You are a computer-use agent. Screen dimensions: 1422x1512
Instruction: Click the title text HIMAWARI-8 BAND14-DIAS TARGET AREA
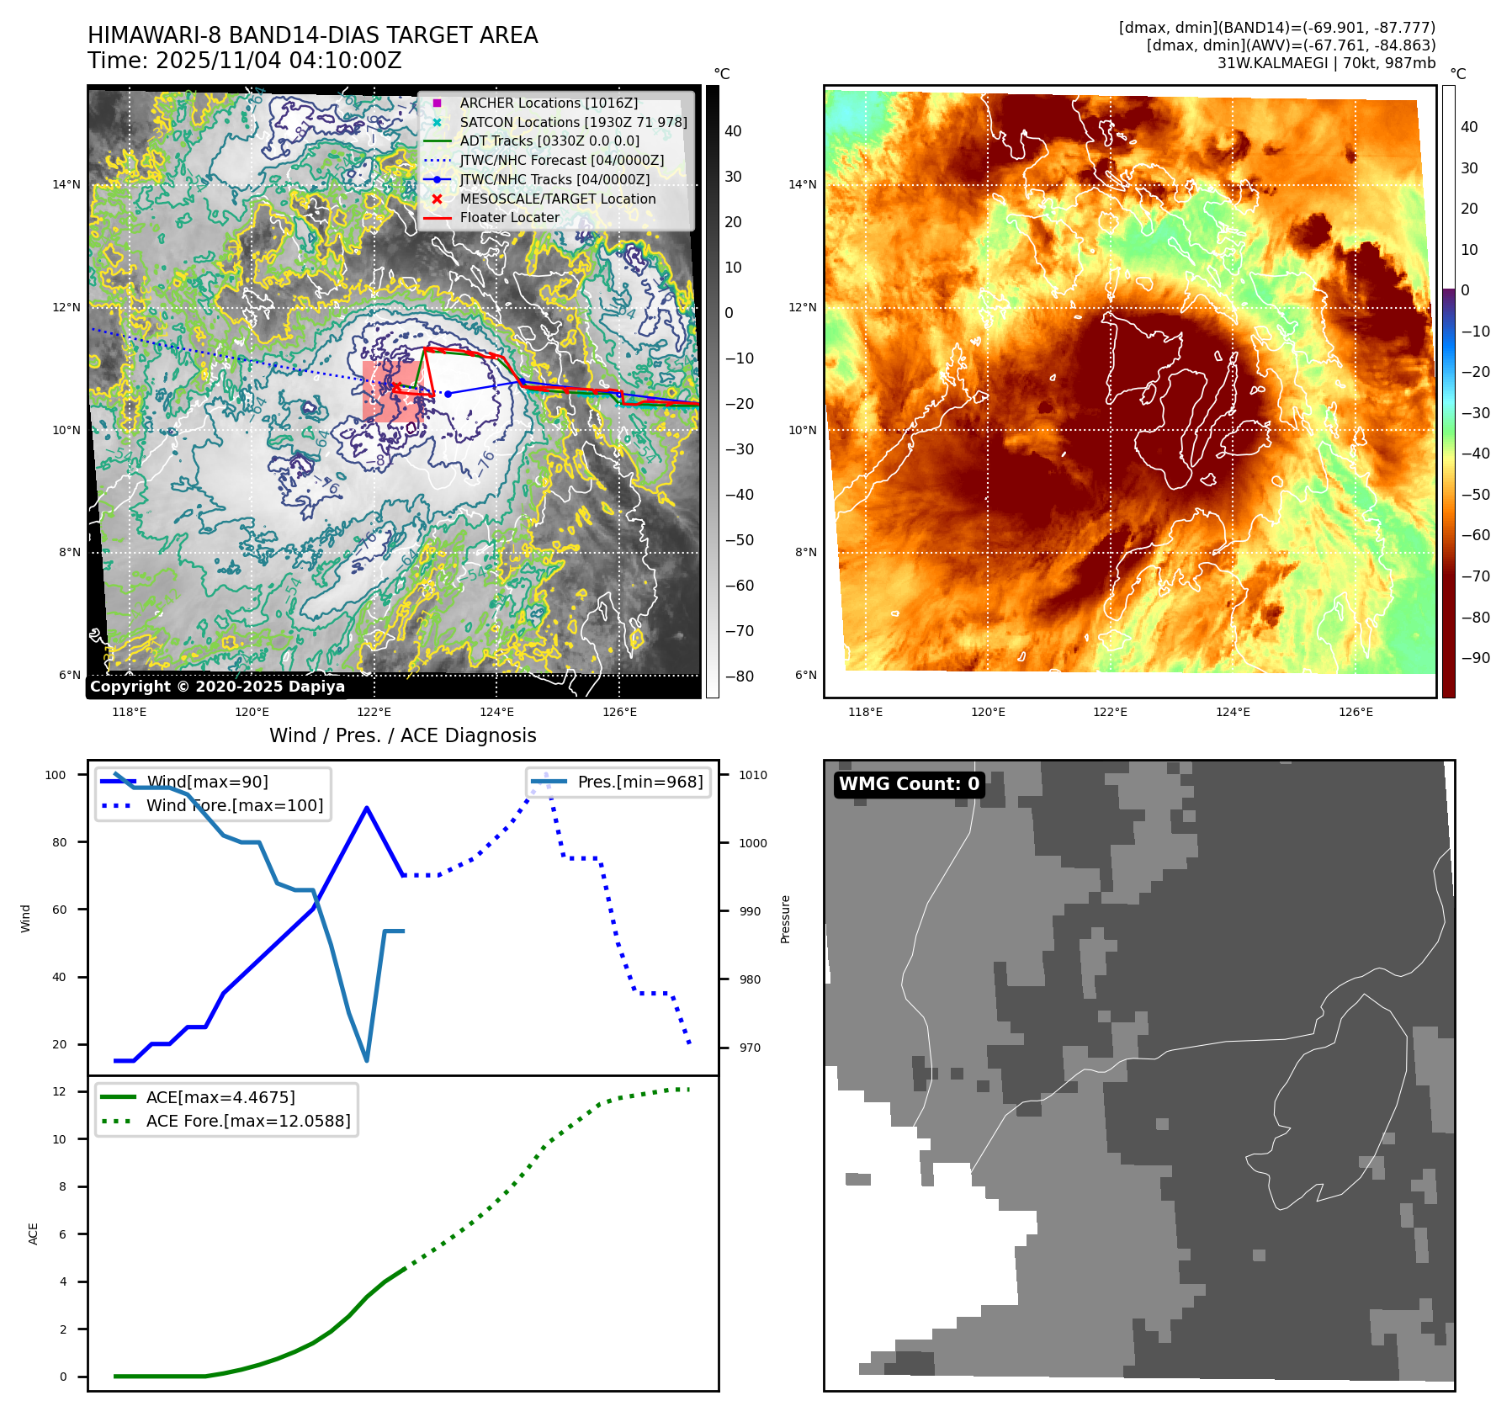coord(312,35)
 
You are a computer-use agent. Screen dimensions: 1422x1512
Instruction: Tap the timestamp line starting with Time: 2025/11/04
coord(244,61)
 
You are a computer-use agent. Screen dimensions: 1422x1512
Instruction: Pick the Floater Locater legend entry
coord(509,217)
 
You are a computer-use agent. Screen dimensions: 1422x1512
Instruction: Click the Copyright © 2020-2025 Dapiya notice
coord(217,687)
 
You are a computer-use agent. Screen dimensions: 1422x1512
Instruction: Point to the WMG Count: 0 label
coord(909,784)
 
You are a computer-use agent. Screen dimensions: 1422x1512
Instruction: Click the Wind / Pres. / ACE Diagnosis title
coord(402,735)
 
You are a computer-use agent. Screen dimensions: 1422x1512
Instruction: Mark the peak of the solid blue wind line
coord(366,808)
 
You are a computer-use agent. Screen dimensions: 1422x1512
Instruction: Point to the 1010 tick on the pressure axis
coord(752,775)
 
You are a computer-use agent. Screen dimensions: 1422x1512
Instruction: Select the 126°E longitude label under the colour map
coord(1355,712)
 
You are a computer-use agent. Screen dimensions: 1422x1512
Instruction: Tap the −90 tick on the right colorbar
coord(1476,658)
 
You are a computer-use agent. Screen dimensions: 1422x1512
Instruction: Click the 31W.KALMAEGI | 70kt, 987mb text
coord(1326,63)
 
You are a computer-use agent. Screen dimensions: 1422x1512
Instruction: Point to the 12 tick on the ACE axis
coord(60,1091)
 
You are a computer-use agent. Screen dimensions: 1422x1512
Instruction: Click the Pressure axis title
coord(785,919)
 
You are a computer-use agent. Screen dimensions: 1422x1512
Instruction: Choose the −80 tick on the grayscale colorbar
coord(740,677)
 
